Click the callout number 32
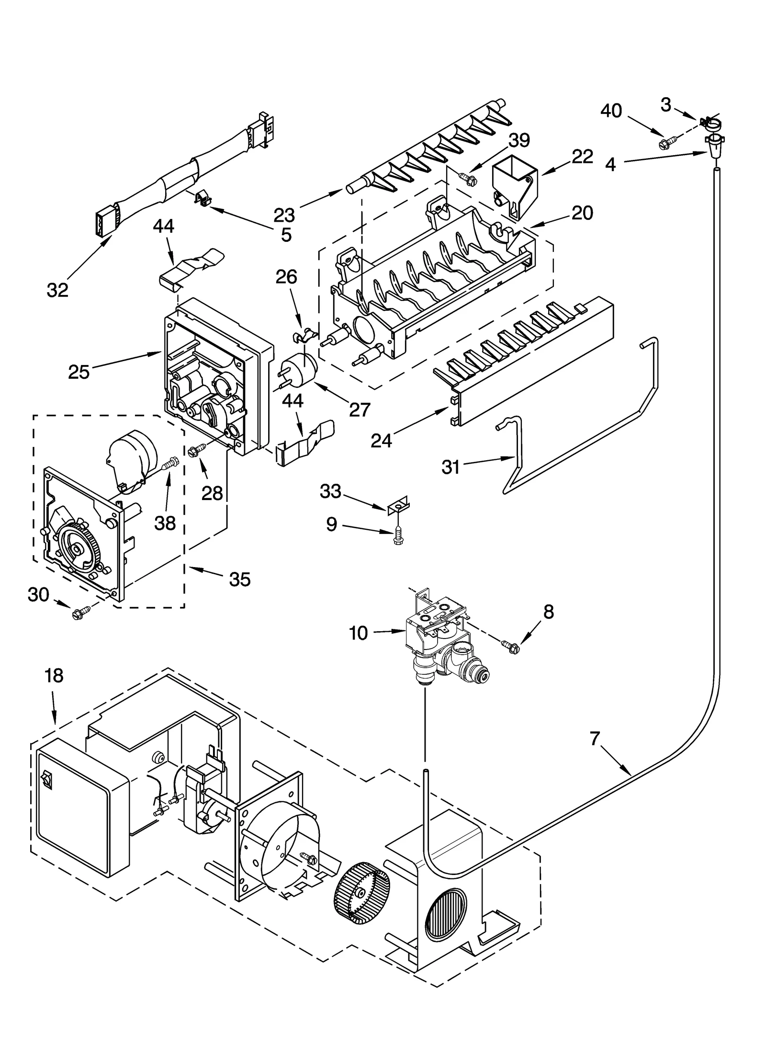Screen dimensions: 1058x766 click(57, 289)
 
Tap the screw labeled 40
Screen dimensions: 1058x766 click(666, 142)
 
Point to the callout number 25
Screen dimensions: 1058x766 click(79, 372)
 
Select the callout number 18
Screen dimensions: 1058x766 click(54, 676)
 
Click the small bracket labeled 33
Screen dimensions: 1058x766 click(398, 504)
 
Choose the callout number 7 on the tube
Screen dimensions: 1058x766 click(594, 739)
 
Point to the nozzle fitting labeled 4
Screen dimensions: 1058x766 click(714, 145)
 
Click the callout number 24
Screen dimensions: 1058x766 click(381, 441)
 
